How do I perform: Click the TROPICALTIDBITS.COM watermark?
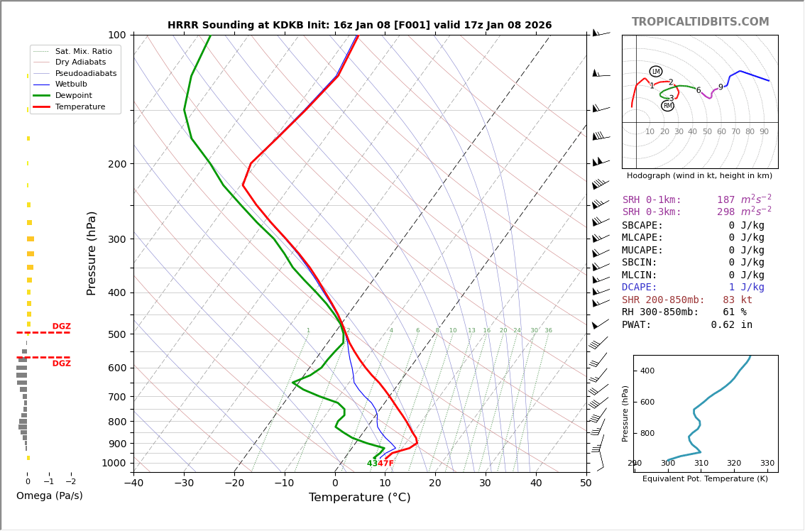(700, 22)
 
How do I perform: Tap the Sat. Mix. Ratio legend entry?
(83, 52)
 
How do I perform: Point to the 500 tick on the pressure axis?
(117, 334)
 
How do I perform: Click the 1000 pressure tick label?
(114, 464)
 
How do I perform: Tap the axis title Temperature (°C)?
(359, 498)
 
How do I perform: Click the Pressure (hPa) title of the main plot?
(92, 253)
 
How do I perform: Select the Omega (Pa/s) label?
(49, 496)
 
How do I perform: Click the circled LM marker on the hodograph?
(655, 72)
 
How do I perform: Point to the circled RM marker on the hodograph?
(667, 106)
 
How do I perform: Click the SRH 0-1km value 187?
(725, 200)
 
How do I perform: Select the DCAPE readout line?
(693, 288)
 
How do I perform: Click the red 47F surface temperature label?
(386, 464)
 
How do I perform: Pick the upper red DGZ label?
(61, 327)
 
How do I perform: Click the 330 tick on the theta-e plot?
(767, 464)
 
